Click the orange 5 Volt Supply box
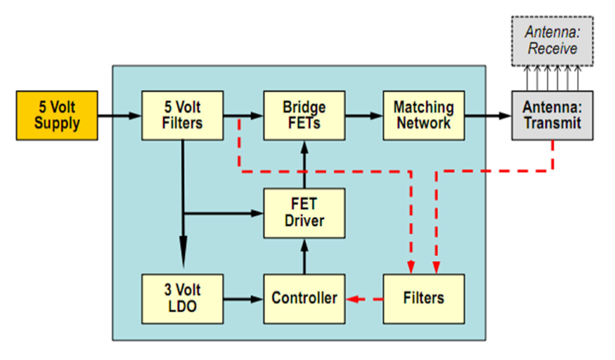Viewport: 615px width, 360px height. pyautogui.click(x=57, y=115)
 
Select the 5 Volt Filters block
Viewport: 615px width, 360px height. pyautogui.click(x=182, y=115)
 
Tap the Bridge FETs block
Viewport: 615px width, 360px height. pyautogui.click(x=304, y=115)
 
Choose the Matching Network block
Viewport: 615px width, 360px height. pyautogui.click(x=424, y=115)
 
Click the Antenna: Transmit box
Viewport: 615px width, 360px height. pyautogui.click(x=552, y=115)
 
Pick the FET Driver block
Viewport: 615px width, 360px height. pyautogui.click(x=304, y=213)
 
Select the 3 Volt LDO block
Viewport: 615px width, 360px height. pyautogui.click(x=182, y=298)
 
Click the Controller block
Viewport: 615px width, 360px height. pyautogui.click(x=304, y=298)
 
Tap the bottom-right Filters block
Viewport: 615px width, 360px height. pyautogui.click(x=424, y=298)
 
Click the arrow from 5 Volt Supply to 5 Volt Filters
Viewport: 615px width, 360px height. pyautogui.click(x=119, y=115)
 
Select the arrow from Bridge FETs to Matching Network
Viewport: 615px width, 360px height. pyautogui.click(x=364, y=115)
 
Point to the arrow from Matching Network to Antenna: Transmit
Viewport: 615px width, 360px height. pyautogui.click(x=488, y=115)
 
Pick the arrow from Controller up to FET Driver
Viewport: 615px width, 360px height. pyautogui.click(x=304, y=256)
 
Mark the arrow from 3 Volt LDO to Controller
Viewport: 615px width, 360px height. pyautogui.click(x=243, y=299)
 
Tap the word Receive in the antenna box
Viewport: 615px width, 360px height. pyautogui.click(x=553, y=48)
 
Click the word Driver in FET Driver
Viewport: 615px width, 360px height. pyautogui.click(x=304, y=221)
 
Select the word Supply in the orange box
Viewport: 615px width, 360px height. pyautogui.click(x=57, y=124)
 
